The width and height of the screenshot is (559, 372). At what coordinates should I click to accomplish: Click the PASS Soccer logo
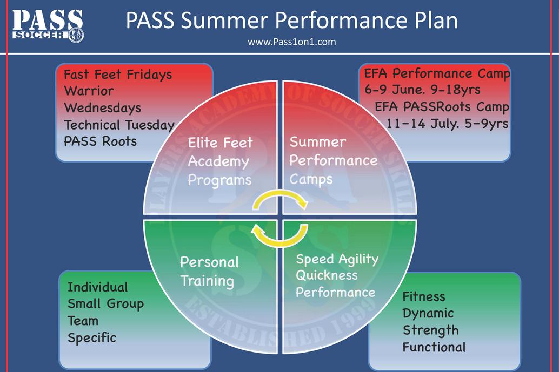[x=48, y=25]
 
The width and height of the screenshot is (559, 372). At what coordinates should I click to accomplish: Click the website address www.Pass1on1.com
[x=291, y=42]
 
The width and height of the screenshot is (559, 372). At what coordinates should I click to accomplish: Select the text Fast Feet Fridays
[x=118, y=75]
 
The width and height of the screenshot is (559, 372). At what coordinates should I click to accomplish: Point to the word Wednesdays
[x=103, y=107]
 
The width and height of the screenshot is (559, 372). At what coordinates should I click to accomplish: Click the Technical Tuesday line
[x=119, y=125]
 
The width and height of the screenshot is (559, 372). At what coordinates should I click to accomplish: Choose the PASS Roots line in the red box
[x=100, y=141]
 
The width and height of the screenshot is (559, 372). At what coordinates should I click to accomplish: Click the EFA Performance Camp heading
[x=437, y=73]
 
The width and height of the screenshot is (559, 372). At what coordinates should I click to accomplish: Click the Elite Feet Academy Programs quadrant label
[x=221, y=161]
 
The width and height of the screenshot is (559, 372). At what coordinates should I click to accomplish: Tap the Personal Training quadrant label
[x=209, y=272]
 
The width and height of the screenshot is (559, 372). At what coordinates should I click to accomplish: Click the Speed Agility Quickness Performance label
[x=337, y=275]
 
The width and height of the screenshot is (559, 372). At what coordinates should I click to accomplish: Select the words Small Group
[x=105, y=303]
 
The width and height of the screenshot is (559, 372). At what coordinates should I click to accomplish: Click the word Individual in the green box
[x=98, y=287]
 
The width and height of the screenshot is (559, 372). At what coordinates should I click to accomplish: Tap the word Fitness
[x=424, y=296]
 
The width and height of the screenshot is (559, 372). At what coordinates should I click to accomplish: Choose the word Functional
[x=434, y=347]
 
